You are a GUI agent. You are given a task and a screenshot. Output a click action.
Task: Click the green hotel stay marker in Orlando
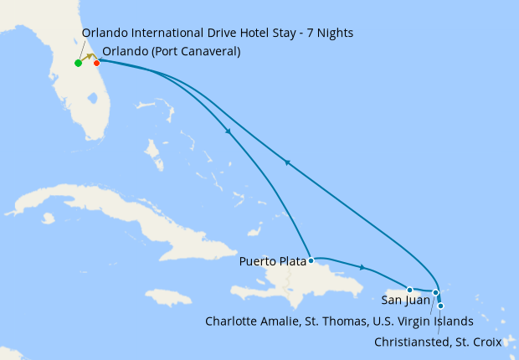(78, 63)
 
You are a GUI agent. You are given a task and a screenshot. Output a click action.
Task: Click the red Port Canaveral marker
(97, 63)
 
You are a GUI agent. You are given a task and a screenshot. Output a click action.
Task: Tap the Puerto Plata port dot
(311, 260)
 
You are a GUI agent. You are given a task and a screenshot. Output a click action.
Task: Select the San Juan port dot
(409, 290)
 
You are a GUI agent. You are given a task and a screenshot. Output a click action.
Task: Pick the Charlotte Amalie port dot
(435, 292)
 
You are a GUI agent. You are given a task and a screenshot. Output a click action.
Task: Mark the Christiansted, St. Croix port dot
(440, 306)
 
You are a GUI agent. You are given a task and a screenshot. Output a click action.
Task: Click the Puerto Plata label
(271, 261)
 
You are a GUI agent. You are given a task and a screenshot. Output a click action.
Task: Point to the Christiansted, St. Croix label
(437, 342)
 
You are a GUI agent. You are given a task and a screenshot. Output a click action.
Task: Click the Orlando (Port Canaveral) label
(171, 51)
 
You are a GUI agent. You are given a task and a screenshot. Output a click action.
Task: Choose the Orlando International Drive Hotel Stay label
(218, 33)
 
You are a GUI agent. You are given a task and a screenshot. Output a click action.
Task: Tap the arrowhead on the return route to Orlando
(287, 162)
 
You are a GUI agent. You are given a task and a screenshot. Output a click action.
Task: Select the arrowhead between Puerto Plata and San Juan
(362, 268)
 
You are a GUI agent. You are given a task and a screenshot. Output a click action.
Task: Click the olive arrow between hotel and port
(89, 57)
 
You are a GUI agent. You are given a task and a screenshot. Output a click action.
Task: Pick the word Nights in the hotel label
(332, 33)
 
